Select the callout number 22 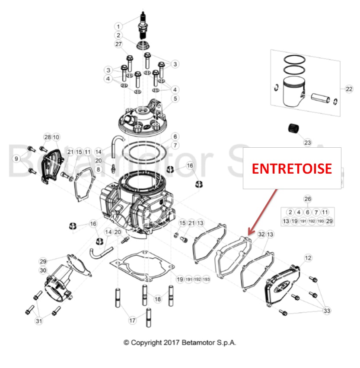pos(349,89)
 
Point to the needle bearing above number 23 pos(294,129)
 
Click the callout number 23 pos(307,142)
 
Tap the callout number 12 pos(308,258)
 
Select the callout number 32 pos(261,234)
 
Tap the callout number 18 pos(158,298)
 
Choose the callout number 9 pos(16,159)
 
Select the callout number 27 pos(119,44)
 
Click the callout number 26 pos(307,199)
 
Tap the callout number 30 pos(43,270)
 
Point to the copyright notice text pos(180,342)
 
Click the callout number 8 pos(99,170)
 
